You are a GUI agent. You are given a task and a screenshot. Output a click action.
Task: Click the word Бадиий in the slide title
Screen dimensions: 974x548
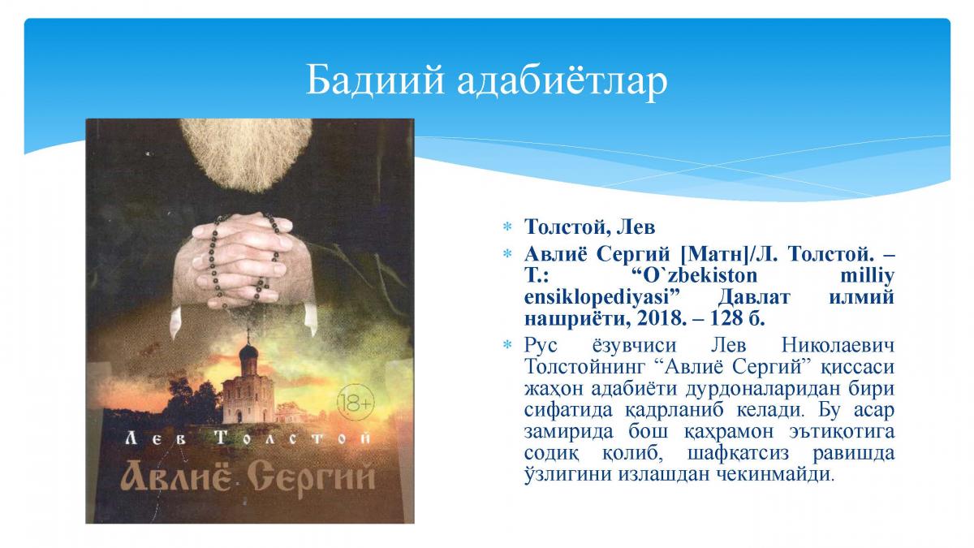[375, 80]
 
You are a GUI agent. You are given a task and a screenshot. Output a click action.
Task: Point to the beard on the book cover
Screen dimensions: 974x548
[246, 153]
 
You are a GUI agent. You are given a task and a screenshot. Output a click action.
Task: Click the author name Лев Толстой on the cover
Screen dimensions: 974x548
[248, 437]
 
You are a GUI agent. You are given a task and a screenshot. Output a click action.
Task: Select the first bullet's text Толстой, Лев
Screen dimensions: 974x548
[589, 227]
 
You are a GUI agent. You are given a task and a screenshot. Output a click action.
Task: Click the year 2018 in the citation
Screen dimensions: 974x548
[659, 319]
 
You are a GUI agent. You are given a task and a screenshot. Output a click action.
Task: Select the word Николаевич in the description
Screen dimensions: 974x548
[838, 346]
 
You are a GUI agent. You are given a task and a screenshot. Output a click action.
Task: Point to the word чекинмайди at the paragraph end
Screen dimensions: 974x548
[775, 474]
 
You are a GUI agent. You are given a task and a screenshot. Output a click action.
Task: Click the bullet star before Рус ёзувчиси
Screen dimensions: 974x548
[506, 346]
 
